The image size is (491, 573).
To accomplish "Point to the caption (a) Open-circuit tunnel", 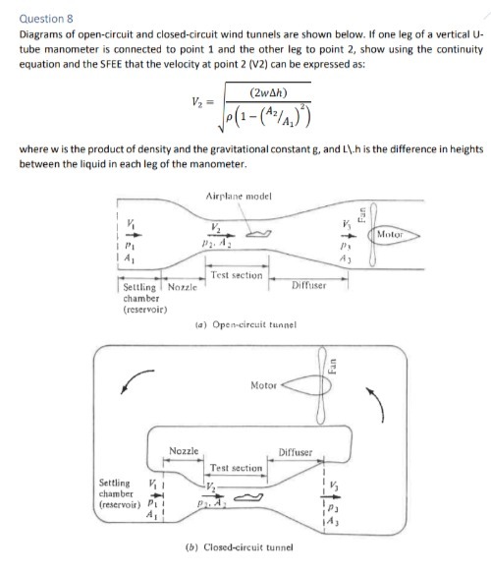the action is click(x=241, y=325).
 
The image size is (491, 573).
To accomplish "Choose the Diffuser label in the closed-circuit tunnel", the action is click(x=294, y=453).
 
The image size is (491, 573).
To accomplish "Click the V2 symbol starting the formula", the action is click(x=196, y=104).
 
